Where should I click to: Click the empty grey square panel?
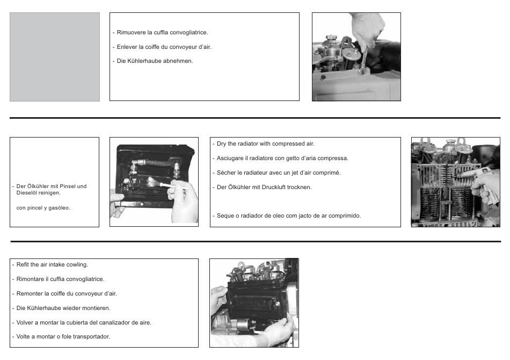[x=55, y=57]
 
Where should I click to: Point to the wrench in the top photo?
[x=363, y=60]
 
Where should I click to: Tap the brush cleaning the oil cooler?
[x=160, y=183]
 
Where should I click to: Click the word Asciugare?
[x=230, y=158]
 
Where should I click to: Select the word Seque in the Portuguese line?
[x=225, y=215]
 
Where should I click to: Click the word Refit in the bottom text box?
[x=22, y=265]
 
